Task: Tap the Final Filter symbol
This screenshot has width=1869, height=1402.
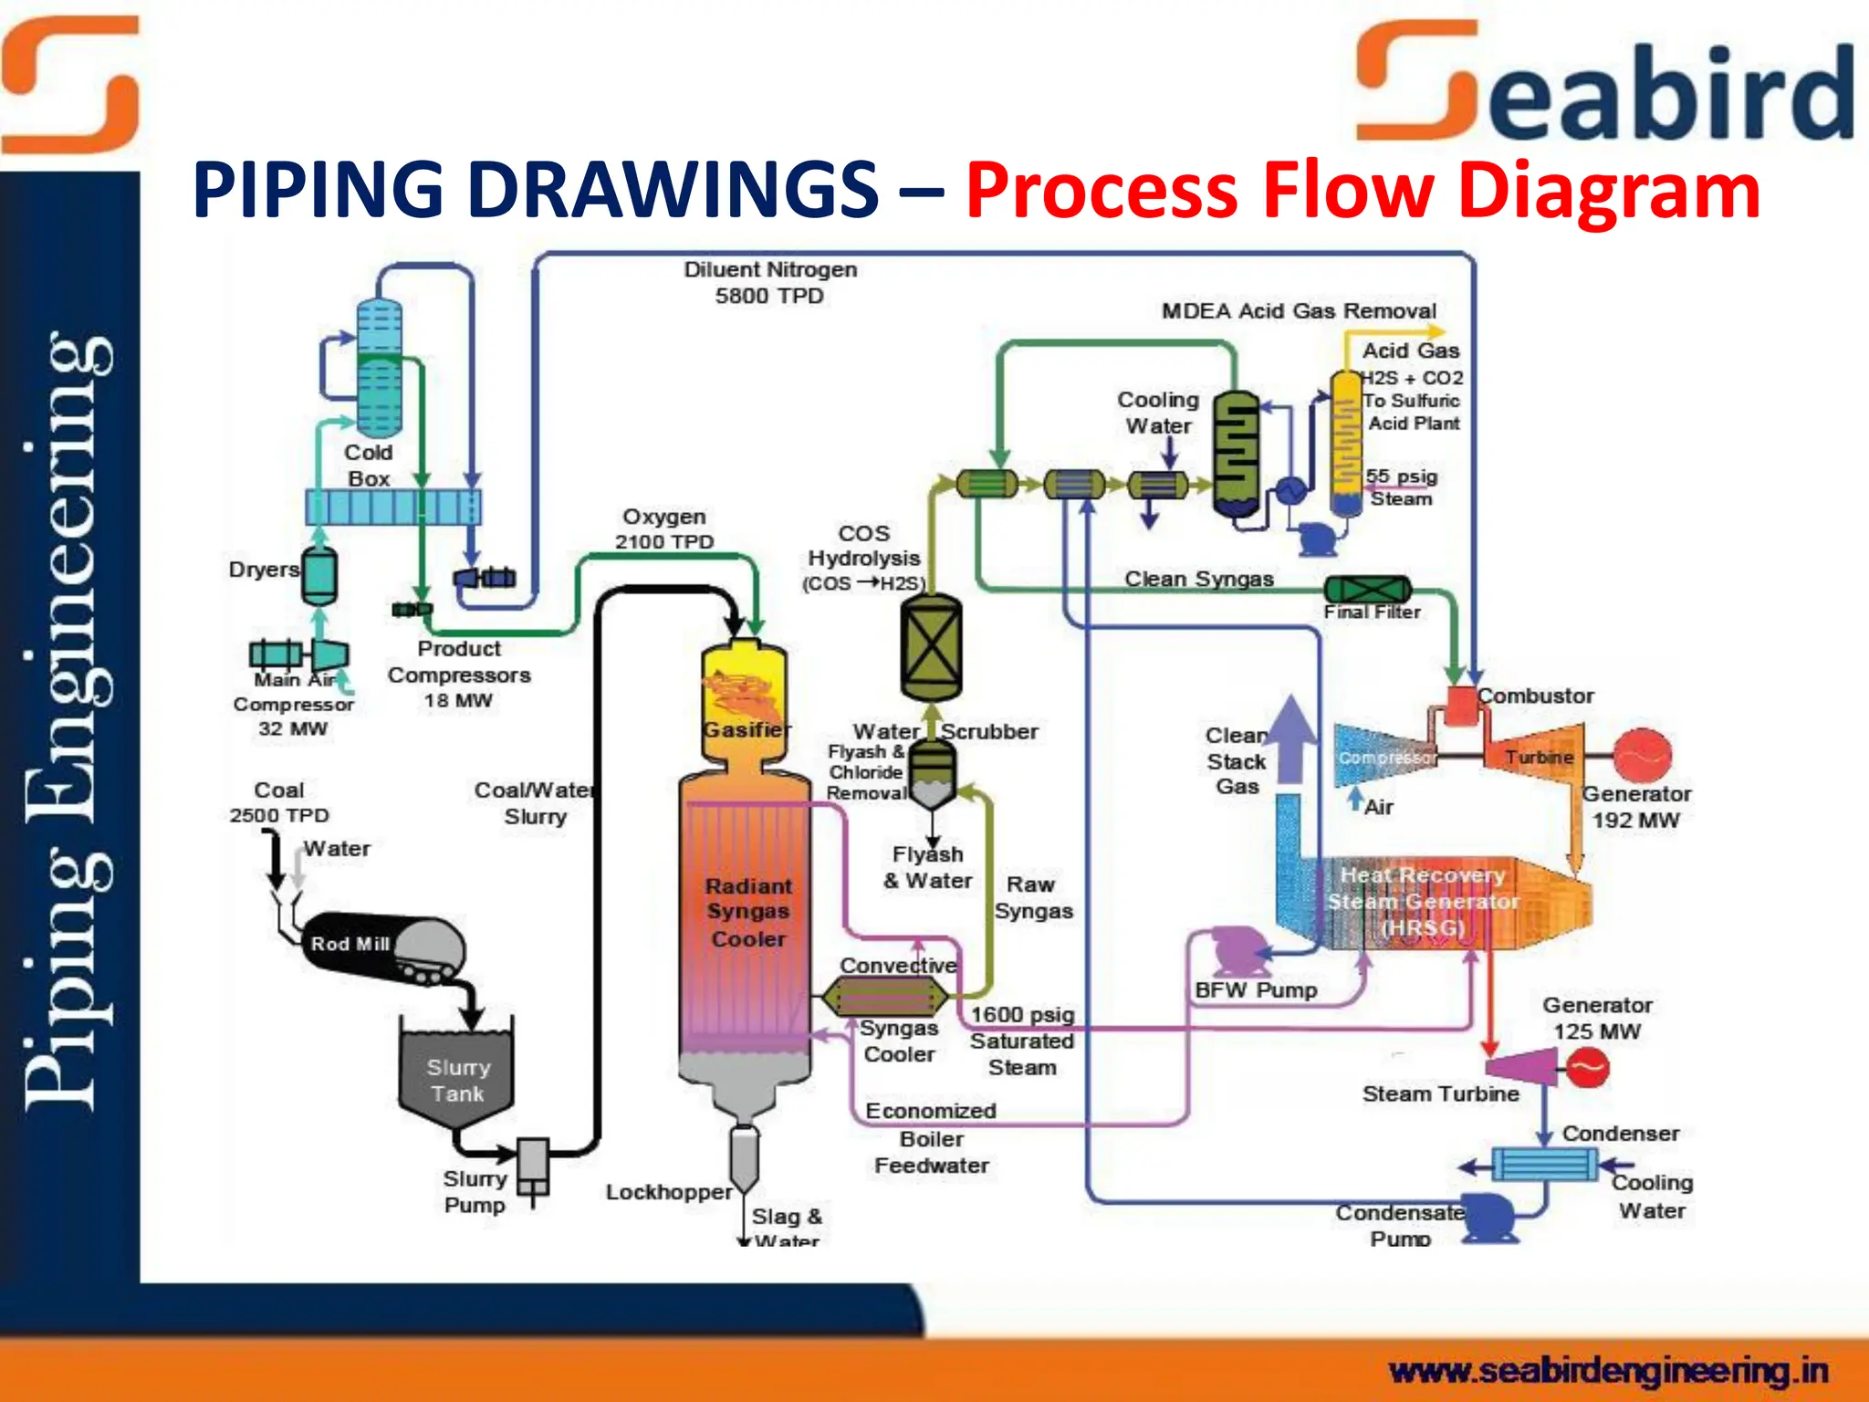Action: tap(1367, 590)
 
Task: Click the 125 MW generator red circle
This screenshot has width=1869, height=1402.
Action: tap(1587, 1066)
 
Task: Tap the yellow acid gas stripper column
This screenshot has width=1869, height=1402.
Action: tap(1345, 443)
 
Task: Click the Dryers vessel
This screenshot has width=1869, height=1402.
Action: tap(319, 575)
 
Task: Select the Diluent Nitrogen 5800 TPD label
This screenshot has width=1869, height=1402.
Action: tap(770, 282)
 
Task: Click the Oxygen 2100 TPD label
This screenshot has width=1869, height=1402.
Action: tap(663, 528)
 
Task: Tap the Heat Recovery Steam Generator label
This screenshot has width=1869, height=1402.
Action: tap(1423, 901)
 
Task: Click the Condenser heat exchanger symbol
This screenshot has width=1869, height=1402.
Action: tap(1544, 1165)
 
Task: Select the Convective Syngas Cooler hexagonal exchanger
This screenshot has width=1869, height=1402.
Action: tap(884, 996)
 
